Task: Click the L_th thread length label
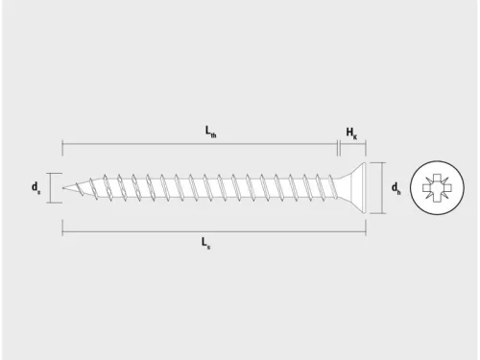coord(211,134)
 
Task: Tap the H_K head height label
coord(351,134)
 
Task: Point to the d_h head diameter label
coord(396,188)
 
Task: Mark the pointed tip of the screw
coord(64,188)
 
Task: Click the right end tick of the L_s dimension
coord(367,229)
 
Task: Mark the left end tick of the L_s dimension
coord(62,229)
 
